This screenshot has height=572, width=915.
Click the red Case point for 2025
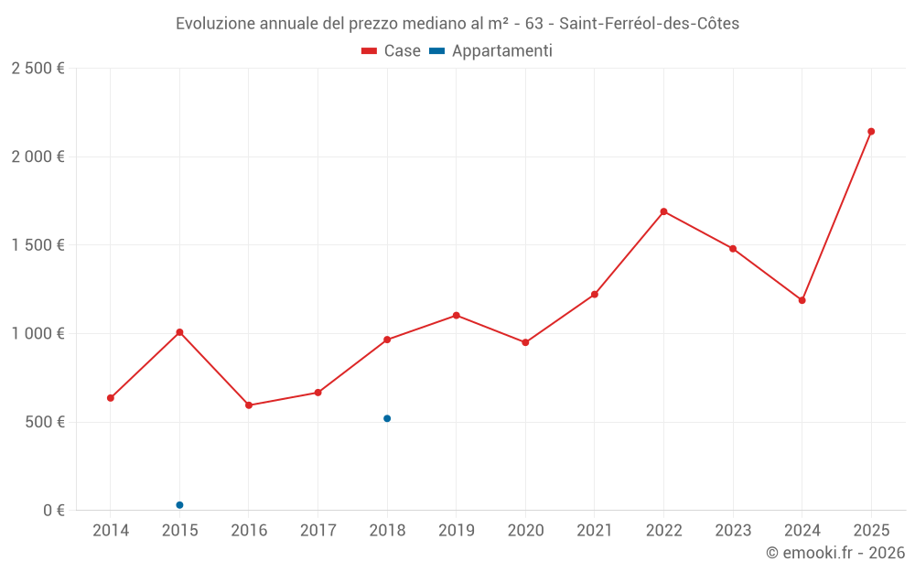871,132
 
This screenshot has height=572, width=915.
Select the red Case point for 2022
663,211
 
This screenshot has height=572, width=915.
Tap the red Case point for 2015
179,332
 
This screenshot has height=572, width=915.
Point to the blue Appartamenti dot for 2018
387,418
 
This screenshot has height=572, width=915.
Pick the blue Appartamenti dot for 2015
179,505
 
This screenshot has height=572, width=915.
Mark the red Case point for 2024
802,300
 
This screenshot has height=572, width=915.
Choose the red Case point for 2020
525,342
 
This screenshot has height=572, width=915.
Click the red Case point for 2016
249,405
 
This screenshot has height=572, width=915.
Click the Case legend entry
391,51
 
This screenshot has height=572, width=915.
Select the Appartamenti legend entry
491,51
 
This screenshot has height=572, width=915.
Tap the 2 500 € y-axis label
38,69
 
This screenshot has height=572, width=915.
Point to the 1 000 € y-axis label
38,334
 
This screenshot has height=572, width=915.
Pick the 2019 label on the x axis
456,531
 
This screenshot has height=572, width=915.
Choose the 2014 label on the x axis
111,531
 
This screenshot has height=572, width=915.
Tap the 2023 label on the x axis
733,531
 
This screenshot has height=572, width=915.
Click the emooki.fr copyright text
835,553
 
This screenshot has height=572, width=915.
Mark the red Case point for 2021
594,295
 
